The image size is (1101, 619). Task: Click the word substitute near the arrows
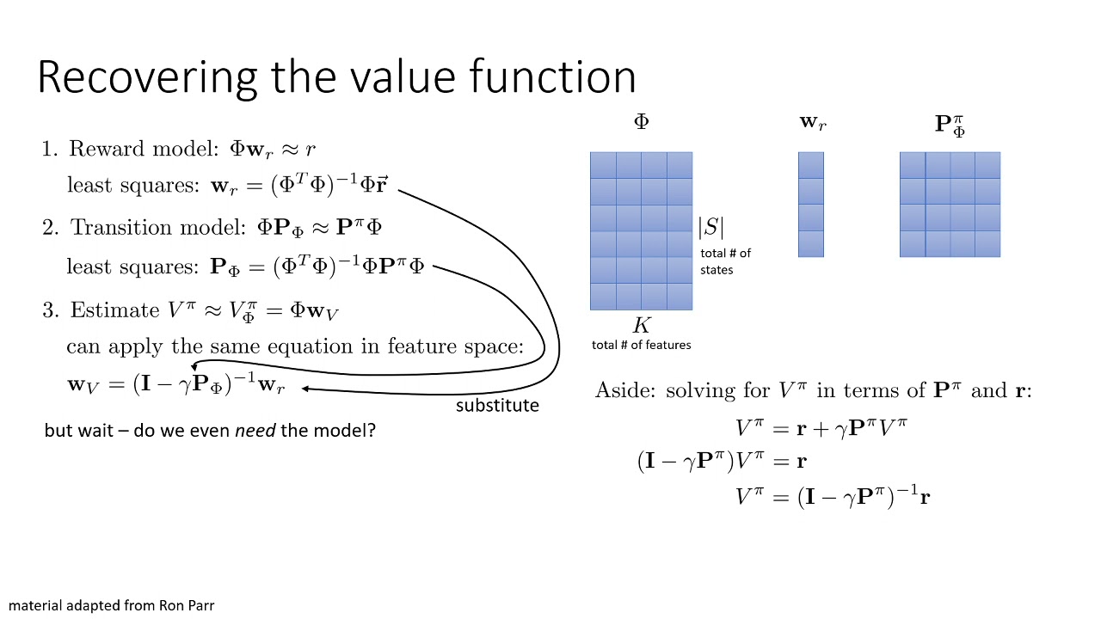(x=497, y=405)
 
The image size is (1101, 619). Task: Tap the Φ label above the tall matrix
(x=641, y=122)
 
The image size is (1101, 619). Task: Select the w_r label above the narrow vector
(x=812, y=123)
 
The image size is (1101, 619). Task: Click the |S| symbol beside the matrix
(x=710, y=227)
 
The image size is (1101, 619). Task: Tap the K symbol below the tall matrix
(x=642, y=326)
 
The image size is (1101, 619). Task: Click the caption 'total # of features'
(x=641, y=345)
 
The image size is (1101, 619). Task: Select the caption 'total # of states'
(x=725, y=261)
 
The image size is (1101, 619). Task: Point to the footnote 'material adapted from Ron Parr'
(x=111, y=605)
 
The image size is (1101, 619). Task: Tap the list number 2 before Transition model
(x=48, y=228)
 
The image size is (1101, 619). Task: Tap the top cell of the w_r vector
(x=811, y=165)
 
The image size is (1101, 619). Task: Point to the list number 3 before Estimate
(x=48, y=309)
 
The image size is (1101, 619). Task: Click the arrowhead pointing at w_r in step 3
(x=306, y=389)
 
